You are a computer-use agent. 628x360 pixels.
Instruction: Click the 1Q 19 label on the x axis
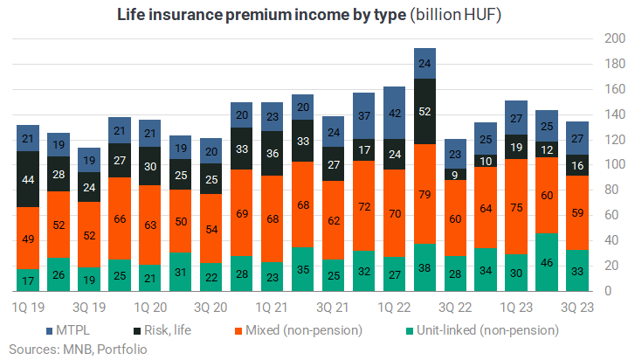[28, 308]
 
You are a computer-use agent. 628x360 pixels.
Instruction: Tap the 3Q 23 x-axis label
[577, 308]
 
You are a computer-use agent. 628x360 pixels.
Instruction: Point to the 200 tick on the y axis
[614, 38]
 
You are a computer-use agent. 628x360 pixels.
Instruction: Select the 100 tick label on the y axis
[614, 164]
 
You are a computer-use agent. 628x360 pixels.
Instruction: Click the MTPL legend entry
[68, 330]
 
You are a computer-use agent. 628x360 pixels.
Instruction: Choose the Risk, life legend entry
[162, 330]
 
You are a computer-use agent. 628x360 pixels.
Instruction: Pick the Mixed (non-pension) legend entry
[299, 330]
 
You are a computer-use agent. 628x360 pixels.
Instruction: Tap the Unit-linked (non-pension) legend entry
[483, 330]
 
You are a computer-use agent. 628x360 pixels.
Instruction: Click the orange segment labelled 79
[424, 194]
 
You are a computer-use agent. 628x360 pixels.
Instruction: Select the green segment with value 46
[547, 262]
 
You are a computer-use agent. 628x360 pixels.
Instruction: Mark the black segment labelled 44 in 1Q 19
[28, 179]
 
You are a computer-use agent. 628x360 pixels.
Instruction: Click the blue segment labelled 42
[395, 113]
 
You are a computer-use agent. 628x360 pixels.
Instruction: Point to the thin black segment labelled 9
[455, 175]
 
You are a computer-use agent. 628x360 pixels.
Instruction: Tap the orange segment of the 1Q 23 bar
[516, 207]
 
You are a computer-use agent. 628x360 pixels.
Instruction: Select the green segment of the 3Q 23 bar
[577, 271]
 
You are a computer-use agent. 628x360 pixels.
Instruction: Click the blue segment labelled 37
[364, 116]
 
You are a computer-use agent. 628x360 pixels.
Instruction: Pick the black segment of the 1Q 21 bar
[273, 154]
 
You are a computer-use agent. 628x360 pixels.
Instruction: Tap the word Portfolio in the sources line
[122, 350]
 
